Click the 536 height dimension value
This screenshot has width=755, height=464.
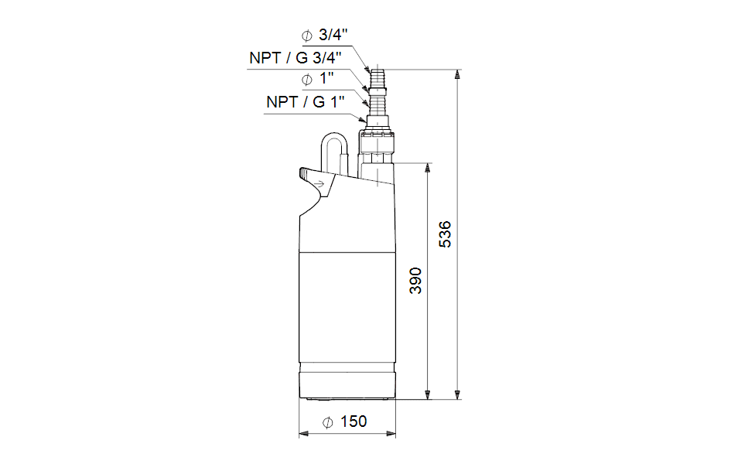pos(445,234)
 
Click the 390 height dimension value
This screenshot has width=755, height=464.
pos(415,281)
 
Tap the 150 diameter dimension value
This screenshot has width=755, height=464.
pos(354,421)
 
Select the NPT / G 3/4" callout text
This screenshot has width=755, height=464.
pos(296,58)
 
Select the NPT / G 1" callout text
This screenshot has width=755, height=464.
pos(306,102)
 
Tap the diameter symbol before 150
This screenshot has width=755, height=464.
pos(327,422)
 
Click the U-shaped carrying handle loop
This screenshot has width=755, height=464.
pos(335,137)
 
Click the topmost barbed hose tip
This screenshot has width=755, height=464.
pos(377,77)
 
